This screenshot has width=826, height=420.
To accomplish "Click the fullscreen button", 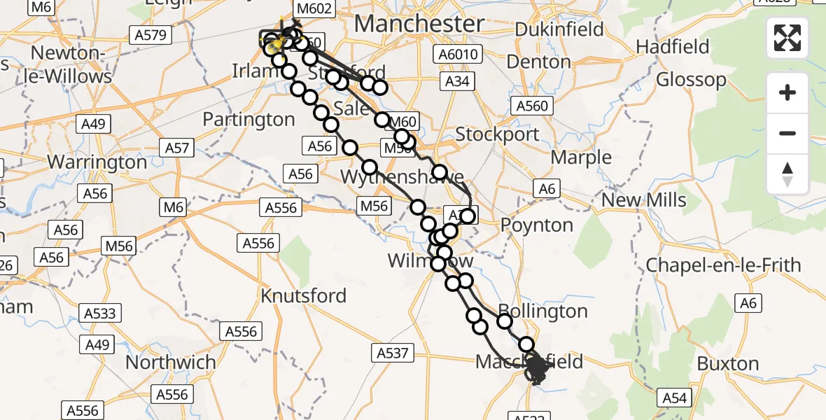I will (x=787, y=38).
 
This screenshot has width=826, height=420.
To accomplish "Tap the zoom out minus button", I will (x=787, y=133).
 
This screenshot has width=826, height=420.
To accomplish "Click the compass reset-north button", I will (x=787, y=174).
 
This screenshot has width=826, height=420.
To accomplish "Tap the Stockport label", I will (x=497, y=134).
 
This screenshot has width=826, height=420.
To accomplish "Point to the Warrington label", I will (x=97, y=162).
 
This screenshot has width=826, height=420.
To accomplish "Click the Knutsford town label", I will (x=303, y=295).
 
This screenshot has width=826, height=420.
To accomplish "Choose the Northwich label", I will (x=171, y=363).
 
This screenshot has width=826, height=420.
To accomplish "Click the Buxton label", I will (x=728, y=364).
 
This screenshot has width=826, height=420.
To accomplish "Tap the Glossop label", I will (x=691, y=79).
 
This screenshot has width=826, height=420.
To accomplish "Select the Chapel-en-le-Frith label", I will (x=723, y=265).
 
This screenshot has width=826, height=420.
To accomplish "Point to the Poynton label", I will (x=537, y=225).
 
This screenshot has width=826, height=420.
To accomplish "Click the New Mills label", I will (x=644, y=200).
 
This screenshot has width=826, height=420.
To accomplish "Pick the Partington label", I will (x=248, y=120).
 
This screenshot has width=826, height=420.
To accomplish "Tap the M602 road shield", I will (x=314, y=9).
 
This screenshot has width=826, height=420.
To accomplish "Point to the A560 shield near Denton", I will (x=532, y=106).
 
